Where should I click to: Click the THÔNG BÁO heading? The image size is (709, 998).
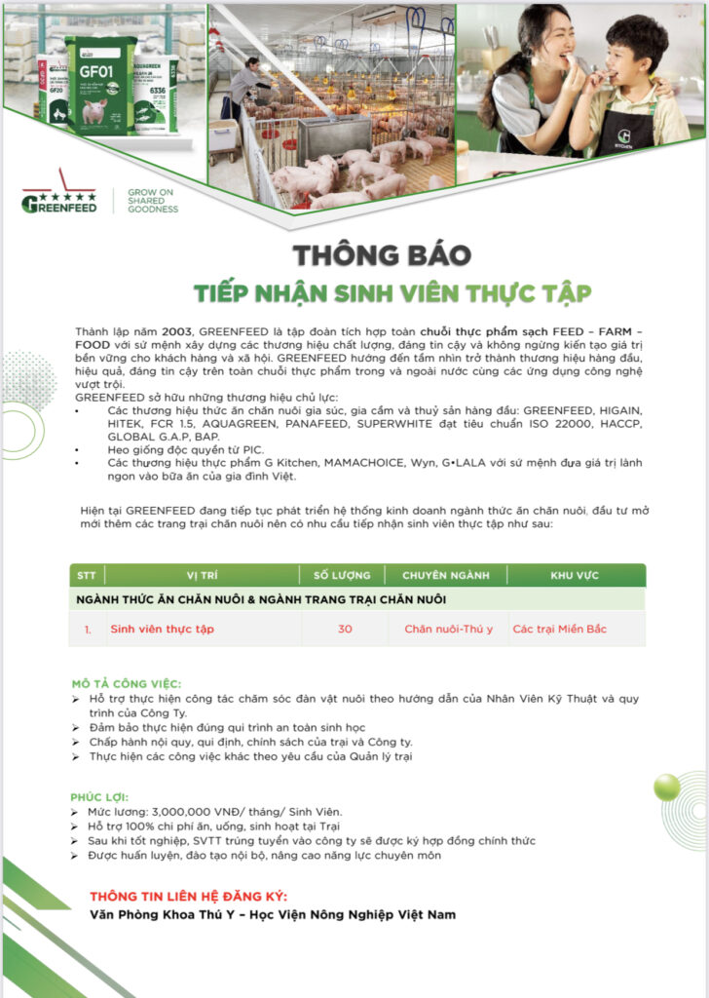[382, 256]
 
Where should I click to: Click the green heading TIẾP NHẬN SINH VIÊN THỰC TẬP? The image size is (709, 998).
[392, 293]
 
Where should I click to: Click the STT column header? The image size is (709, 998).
[87, 575]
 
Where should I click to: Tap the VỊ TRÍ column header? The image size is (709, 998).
[204, 575]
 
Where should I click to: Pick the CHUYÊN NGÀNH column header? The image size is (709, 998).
[446, 575]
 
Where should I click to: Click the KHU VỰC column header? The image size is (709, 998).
[575, 575]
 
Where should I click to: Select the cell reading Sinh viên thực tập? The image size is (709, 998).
[162, 629]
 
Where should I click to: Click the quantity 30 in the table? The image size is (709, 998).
[345, 629]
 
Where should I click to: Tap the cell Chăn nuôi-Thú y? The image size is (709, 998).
[448, 629]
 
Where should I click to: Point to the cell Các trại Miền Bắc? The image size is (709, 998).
[559, 629]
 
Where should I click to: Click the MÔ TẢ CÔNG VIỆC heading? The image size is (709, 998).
[127, 683]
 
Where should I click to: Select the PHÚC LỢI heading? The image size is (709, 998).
[100, 796]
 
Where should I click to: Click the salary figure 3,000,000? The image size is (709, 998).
[190, 812]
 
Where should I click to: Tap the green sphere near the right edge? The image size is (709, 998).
[667, 787]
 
